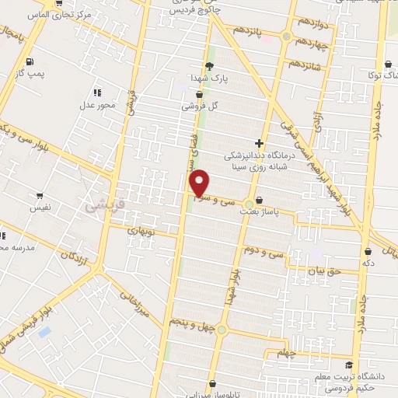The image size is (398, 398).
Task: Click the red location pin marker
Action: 200,183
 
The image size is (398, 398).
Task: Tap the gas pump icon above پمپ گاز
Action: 29,61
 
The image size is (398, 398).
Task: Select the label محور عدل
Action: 98,104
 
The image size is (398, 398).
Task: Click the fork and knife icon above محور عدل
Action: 97,93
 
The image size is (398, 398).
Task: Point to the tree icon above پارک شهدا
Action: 208,67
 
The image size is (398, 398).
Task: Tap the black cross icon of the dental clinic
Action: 258,143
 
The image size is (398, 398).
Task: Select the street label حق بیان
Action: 323,272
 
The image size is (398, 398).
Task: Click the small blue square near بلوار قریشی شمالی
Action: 44,332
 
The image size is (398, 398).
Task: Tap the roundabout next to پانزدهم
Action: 287,37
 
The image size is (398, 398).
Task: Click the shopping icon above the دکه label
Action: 367,251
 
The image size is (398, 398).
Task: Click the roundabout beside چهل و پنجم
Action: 221,330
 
